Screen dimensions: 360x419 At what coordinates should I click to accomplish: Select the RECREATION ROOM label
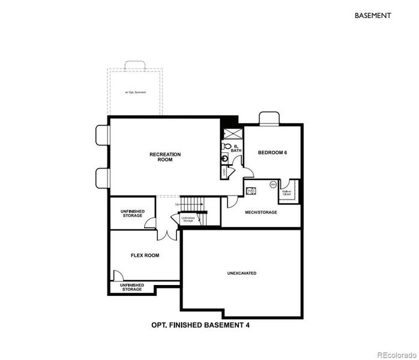[165, 157]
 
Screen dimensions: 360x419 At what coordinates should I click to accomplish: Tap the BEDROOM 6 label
[273, 152]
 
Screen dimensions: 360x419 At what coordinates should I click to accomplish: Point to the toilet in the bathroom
[226, 146]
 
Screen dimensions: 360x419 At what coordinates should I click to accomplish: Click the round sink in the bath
[225, 159]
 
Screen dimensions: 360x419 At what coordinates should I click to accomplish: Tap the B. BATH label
[237, 148]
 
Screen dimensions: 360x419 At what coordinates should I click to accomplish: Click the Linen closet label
[224, 172]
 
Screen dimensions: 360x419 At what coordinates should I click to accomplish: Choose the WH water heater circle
[273, 184]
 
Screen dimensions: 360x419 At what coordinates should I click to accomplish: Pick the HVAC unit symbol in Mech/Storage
[252, 190]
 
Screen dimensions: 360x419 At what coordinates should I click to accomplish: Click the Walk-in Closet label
[287, 193]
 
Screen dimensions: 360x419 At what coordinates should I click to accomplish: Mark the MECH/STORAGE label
[261, 212]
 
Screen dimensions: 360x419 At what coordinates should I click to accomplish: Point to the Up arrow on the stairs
[178, 205]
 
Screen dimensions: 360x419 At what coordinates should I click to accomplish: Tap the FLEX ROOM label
[145, 255]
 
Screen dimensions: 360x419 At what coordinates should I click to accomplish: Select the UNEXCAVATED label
[241, 273]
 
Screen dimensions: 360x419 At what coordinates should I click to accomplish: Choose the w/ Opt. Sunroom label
[135, 92]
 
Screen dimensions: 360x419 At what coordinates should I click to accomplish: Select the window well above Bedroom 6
[268, 118]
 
